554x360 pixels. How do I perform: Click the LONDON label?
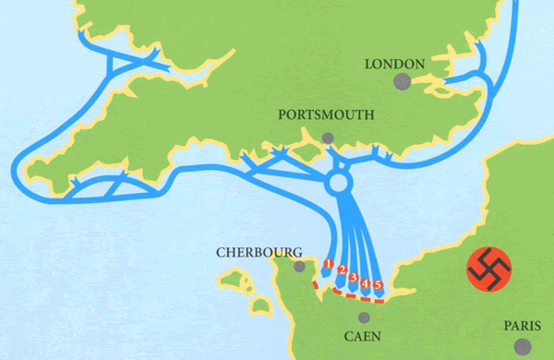pos(394,64)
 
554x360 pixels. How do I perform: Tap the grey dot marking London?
pos(402,81)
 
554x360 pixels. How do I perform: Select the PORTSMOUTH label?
pos(326,115)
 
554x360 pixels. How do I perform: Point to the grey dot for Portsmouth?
pos(328,138)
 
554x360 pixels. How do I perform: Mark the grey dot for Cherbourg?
pos(298,266)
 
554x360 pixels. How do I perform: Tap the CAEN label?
pos(364,338)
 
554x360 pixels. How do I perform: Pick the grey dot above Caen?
pos(364,318)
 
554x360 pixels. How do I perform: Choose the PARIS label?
pos(523,326)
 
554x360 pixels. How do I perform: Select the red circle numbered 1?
pos(328,264)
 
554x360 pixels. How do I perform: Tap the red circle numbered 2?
pos(342,270)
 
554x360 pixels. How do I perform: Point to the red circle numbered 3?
pos(354,277)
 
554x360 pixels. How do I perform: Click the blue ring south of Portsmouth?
pos(338,183)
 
